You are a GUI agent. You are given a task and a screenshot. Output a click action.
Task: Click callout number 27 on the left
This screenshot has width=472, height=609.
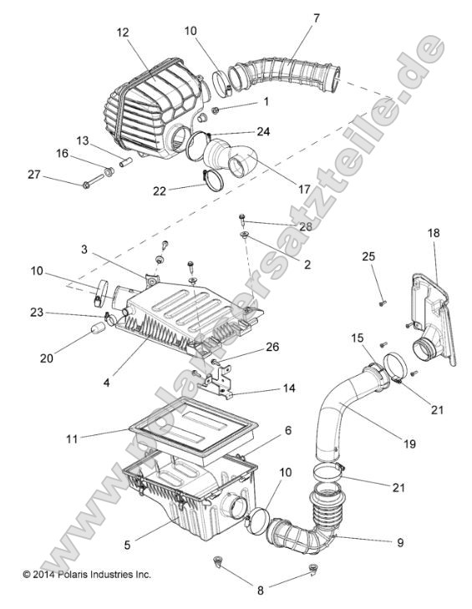33,174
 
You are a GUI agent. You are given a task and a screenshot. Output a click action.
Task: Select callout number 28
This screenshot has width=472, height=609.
282,227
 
